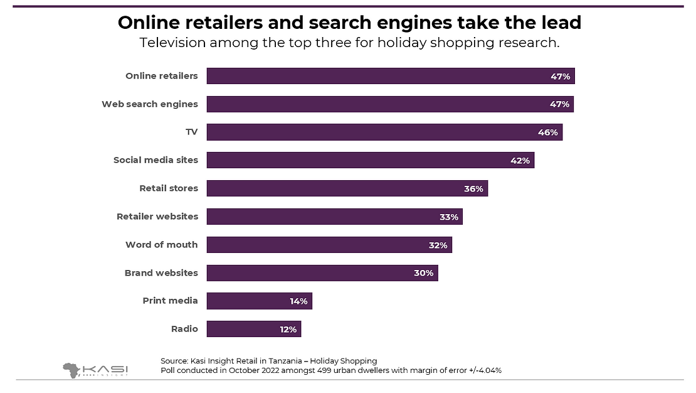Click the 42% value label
[520, 161]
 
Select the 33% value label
[449, 217]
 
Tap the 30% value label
[424, 273]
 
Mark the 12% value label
[288, 329]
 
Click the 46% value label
[548, 132]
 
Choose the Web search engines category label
[150, 104]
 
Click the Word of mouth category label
[161, 245]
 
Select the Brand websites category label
[161, 273]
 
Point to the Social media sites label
[156, 160]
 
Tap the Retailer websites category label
[157, 217]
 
